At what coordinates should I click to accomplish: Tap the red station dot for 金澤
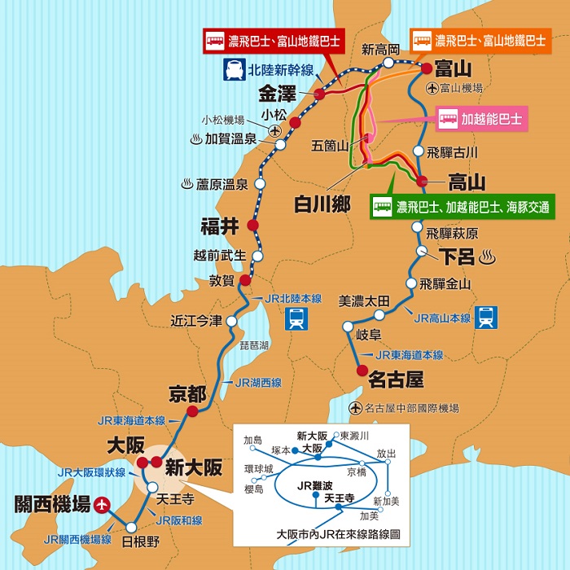point(320,95)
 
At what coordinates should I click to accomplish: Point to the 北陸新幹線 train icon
point(233,68)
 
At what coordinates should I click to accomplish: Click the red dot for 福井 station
point(252,225)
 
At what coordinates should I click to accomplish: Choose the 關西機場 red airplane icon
point(101,505)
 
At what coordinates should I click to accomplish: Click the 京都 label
point(186,394)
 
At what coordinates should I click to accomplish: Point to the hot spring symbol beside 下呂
point(489,258)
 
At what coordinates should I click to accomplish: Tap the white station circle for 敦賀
point(246,281)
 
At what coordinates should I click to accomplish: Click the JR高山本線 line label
point(442,318)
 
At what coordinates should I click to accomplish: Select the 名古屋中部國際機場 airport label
point(411,407)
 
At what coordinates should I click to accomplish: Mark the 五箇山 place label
point(330,146)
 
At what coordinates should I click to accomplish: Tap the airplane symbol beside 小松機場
point(274,130)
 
